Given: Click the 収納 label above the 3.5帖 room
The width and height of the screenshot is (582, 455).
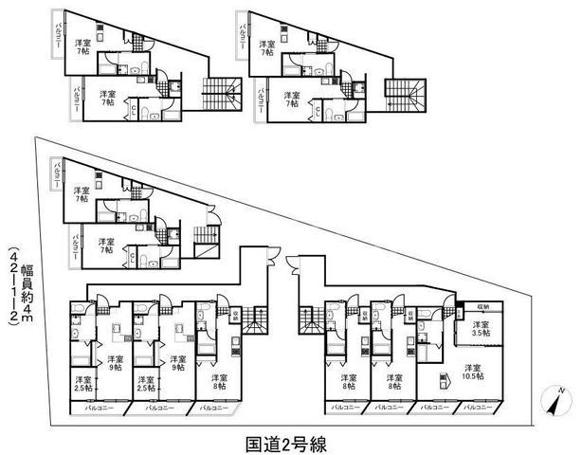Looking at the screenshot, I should [483, 307].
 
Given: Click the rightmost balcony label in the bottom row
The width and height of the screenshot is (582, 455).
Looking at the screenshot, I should [477, 408].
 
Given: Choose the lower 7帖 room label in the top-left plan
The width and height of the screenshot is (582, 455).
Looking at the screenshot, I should [106, 99].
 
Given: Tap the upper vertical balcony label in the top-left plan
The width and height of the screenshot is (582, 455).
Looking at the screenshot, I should [58, 37].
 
